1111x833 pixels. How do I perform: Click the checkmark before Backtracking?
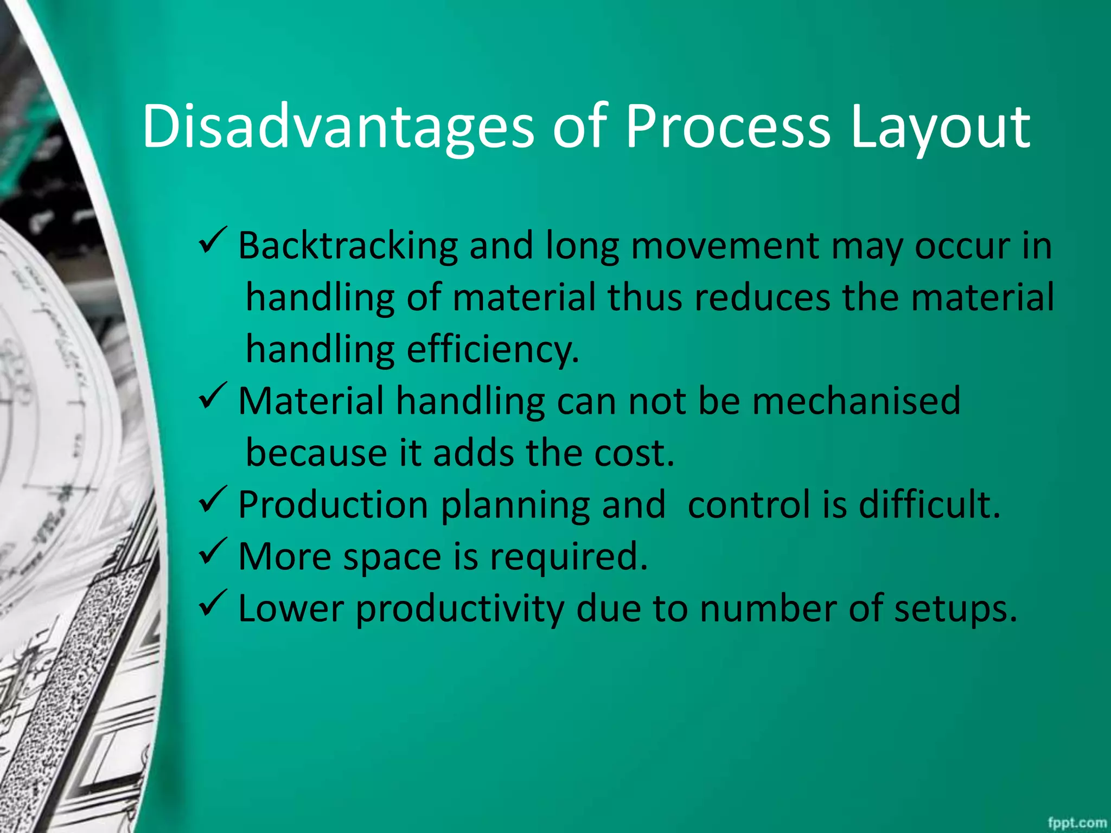click(212, 241)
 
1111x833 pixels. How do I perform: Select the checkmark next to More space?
click(212, 552)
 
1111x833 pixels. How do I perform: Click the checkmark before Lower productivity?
click(212, 603)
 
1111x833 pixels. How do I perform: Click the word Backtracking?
click(348, 246)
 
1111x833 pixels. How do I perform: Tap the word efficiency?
click(493, 350)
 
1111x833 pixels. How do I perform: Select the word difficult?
click(929, 504)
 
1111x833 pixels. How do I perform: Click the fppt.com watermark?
click(1077, 823)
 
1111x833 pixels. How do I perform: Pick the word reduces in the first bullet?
click(762, 298)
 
